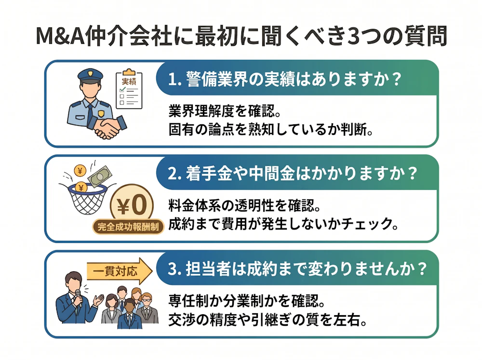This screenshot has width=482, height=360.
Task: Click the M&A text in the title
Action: (61, 36)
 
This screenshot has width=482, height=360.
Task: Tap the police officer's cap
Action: (90, 75)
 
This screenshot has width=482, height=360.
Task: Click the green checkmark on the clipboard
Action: (122, 90)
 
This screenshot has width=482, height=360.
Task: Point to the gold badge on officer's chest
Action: (101, 113)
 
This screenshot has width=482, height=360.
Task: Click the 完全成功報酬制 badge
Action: (128, 227)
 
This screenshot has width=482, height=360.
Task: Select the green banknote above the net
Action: (100, 176)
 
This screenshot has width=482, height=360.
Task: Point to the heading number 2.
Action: (173, 174)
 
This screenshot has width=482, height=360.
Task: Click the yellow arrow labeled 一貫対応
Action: (120, 271)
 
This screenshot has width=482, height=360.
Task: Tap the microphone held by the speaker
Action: (78, 297)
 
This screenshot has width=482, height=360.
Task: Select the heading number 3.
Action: (173, 269)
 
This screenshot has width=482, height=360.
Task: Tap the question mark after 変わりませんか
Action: (422, 269)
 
